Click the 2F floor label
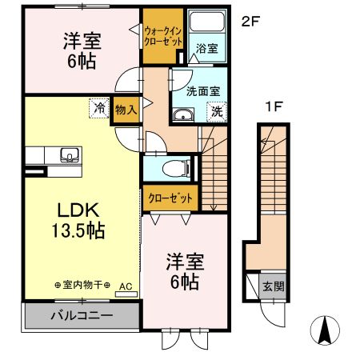tap(251, 22)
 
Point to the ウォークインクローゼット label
tap(163, 36)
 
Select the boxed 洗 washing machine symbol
tap(216, 113)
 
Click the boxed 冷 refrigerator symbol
tap(99, 106)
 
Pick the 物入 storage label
tap(125, 108)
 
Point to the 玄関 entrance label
tap(274, 286)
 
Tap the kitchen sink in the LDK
tap(66, 153)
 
